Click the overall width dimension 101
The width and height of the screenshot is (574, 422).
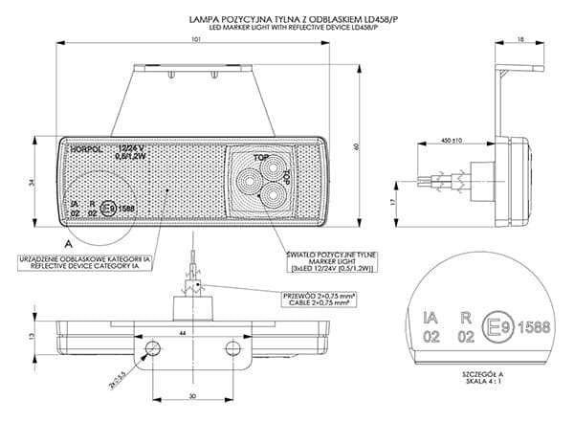coord(194,40)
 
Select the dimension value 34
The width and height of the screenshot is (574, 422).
coord(32,182)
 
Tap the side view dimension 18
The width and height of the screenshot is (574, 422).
coord(519,39)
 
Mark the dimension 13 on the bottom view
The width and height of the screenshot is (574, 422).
coord(32,337)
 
